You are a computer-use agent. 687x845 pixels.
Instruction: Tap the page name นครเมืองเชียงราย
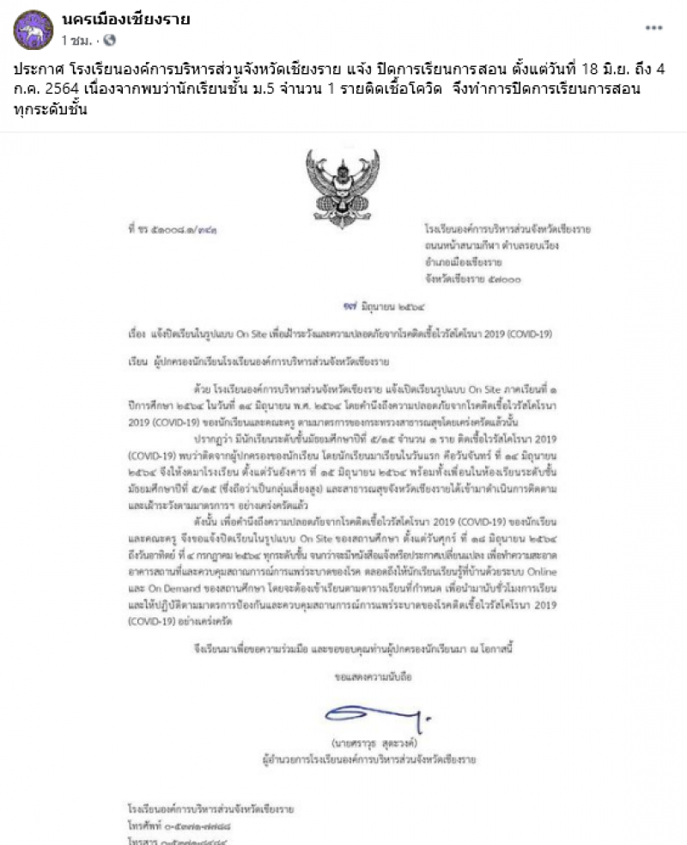click(x=125, y=19)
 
